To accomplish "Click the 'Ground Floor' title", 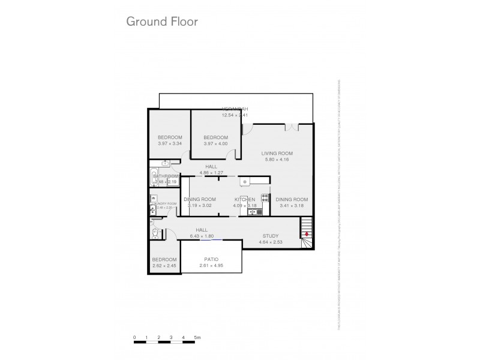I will click(x=161, y=21).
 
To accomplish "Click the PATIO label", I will click(x=212, y=259).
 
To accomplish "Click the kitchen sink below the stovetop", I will click(x=252, y=211).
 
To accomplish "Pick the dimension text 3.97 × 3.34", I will click(x=161, y=143).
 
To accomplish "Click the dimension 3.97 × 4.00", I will click(x=215, y=143).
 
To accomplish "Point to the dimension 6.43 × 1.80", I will click(x=201, y=236).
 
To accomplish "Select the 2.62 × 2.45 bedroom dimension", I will click(x=163, y=265).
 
